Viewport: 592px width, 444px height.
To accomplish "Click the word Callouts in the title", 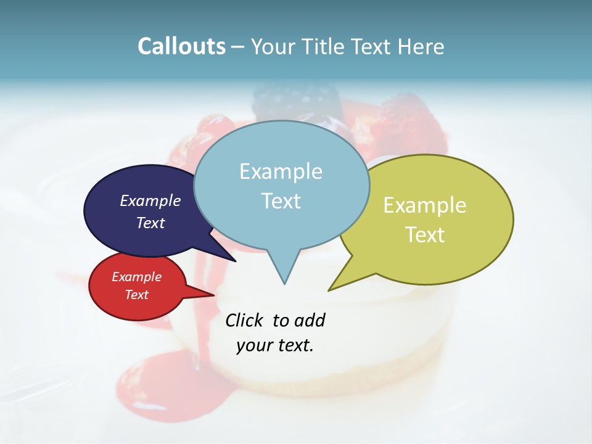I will click(181, 46).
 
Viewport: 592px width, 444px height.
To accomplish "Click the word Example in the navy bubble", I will click(150, 200).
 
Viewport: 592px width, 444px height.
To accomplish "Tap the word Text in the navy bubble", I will click(150, 223).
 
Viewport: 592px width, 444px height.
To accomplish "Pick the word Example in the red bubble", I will click(136, 277).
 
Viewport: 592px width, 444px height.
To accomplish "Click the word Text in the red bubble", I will click(136, 295).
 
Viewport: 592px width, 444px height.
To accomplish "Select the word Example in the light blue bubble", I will click(281, 171).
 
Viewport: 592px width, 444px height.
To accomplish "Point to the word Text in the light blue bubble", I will click(281, 200).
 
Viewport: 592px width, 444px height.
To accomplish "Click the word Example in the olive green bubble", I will click(425, 205).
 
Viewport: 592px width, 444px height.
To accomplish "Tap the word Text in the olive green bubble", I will click(425, 234).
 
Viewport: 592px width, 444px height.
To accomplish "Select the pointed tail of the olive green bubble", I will click(331, 289).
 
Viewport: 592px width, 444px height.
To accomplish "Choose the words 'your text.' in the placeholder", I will click(274, 345).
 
